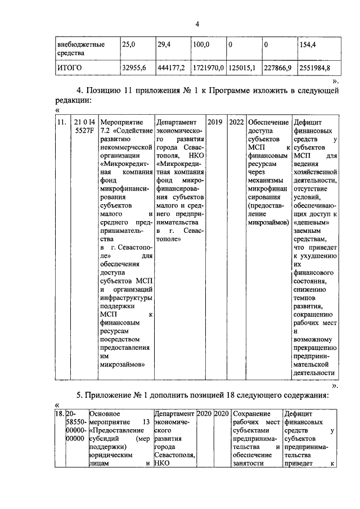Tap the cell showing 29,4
(x=164, y=43)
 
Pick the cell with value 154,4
(x=310, y=43)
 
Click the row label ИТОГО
(x=70, y=68)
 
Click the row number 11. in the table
(x=62, y=122)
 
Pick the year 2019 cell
(x=215, y=122)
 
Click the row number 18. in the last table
(x=58, y=414)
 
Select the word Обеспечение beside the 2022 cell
(x=268, y=122)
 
